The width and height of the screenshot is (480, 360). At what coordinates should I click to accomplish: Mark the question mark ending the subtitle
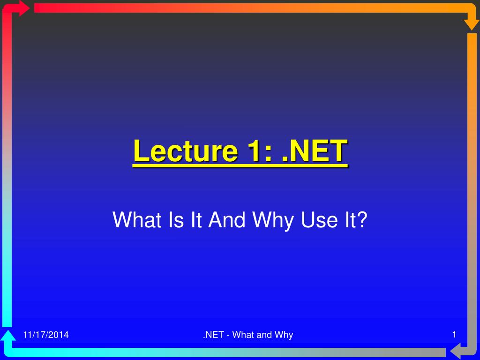coord(362,219)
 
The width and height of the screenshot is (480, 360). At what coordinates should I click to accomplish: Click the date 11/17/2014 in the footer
coord(46,335)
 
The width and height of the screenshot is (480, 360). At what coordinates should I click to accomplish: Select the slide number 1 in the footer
coord(454,334)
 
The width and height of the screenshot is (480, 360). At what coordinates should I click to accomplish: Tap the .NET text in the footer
coord(213,335)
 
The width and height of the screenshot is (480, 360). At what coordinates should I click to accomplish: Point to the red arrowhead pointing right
coord(24,8)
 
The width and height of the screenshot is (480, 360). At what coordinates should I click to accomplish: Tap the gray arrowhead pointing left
coord(455,351)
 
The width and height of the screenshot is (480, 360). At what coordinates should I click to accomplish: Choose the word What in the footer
coord(244,335)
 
